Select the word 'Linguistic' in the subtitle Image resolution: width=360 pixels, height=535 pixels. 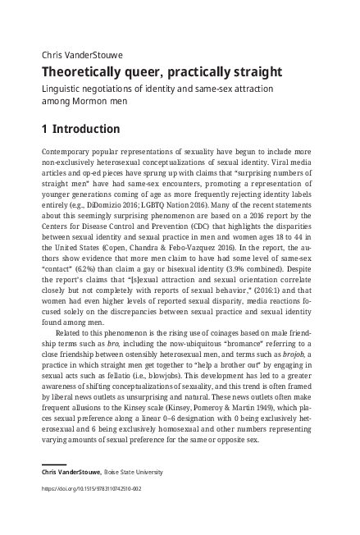62,88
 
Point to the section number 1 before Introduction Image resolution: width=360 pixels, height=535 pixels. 44,129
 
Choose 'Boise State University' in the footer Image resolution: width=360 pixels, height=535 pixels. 128,472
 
